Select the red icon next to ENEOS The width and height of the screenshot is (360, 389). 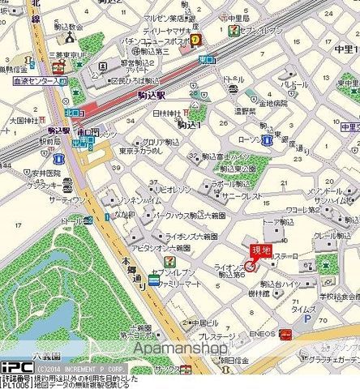click(x=285, y=333)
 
